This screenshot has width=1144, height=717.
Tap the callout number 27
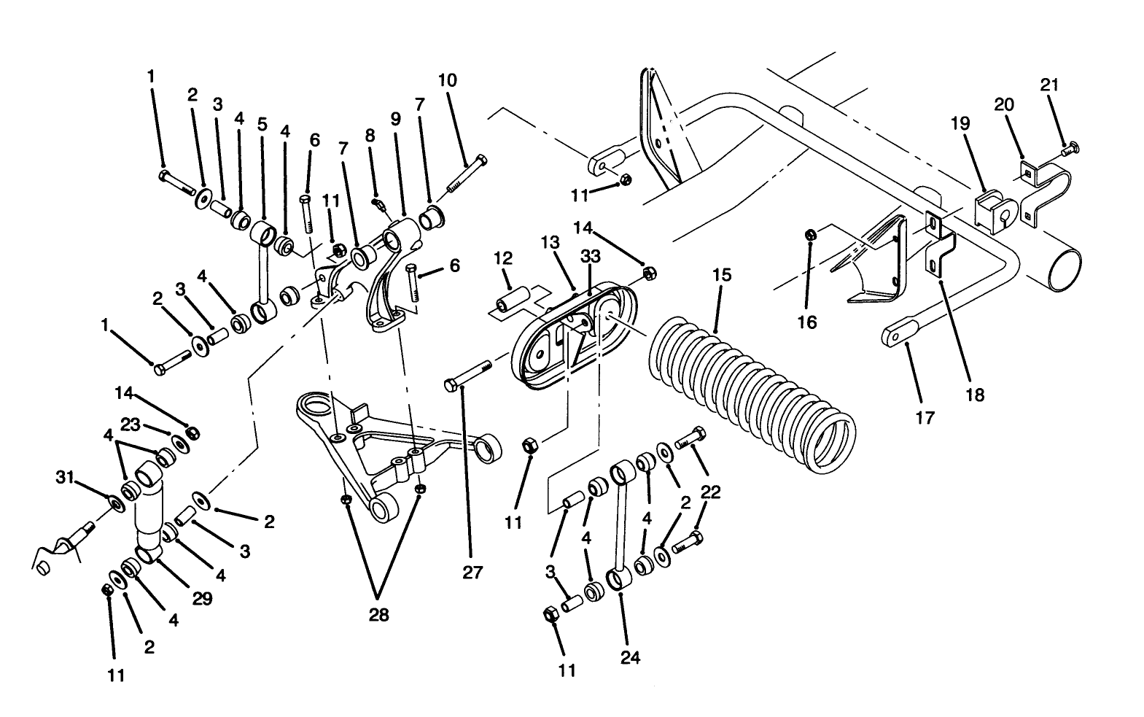(472, 573)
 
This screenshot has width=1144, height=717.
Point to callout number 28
(378, 615)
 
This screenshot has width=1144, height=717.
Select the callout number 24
(630, 657)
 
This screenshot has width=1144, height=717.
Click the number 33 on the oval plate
(590, 257)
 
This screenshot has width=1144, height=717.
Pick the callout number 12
(502, 258)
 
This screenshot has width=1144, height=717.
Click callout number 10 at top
(448, 80)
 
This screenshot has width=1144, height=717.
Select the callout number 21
(1049, 85)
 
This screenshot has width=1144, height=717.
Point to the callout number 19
(960, 123)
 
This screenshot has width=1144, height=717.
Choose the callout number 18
(975, 395)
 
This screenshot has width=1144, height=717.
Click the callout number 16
(807, 322)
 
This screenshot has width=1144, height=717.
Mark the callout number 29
(202, 598)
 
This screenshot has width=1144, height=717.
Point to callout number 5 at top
(262, 124)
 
